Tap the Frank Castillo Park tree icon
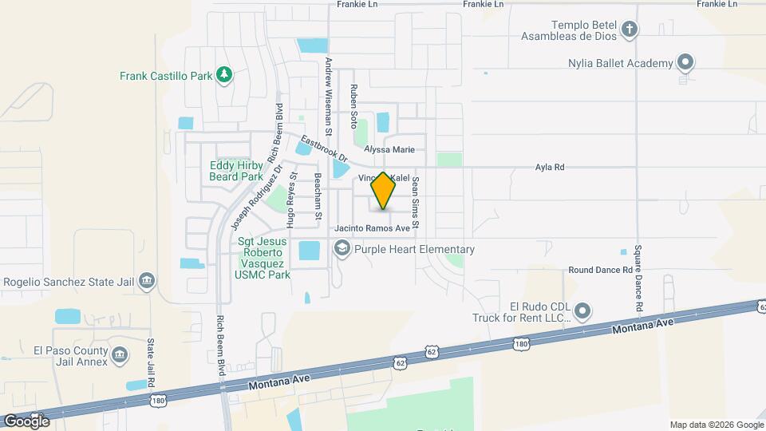pos(225,75)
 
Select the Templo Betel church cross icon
pos(630,30)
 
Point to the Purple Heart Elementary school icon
pos(342,249)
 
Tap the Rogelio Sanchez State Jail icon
pos(147,281)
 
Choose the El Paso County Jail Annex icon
pos(119,354)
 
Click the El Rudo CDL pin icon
pos(582,310)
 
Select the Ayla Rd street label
pos(549,168)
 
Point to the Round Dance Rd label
pos(600,271)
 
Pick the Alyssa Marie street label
pos(389,149)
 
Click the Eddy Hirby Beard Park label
pos(236,171)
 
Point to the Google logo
pos(26,421)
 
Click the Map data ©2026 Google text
pos(717,425)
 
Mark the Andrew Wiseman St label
pos(327,88)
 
